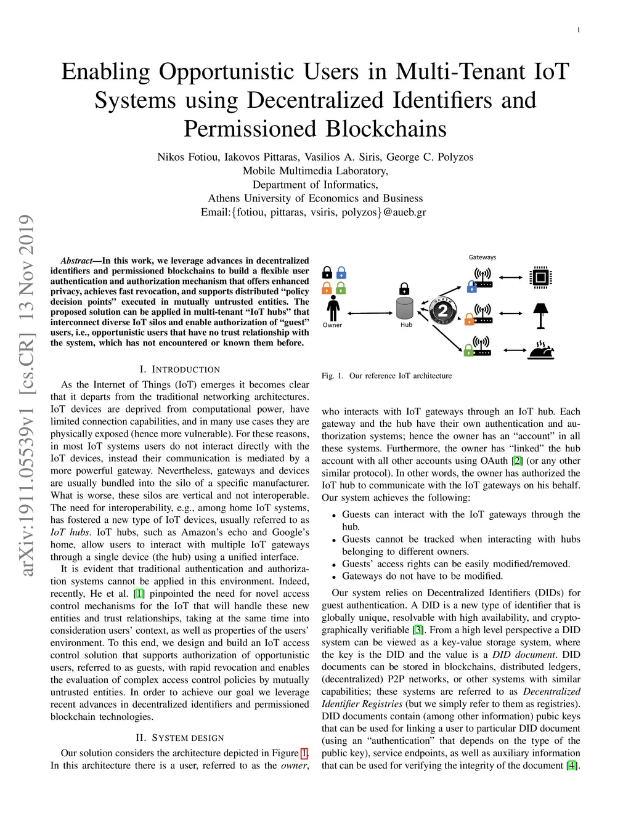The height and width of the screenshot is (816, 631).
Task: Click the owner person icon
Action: point(333,307)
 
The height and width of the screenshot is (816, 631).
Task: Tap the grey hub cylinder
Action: point(404,307)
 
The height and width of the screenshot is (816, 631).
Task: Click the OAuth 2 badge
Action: point(442,311)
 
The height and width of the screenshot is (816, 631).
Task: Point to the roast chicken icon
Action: point(541,350)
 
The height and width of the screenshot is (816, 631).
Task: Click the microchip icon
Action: point(540,277)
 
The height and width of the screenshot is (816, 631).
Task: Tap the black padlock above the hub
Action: point(404,288)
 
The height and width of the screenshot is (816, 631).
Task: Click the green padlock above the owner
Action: point(341,288)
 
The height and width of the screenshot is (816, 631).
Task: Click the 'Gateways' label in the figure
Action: point(482,257)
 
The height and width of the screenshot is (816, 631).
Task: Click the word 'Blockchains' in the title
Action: point(386,129)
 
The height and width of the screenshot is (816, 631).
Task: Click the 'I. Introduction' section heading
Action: point(179,370)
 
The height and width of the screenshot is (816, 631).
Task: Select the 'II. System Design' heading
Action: point(179,738)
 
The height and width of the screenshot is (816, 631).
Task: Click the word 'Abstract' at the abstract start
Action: point(76,261)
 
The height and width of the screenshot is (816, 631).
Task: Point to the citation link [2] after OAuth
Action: point(517,461)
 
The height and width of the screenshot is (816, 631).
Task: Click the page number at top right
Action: point(578,30)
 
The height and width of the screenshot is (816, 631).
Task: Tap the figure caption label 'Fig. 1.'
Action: point(333,376)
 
